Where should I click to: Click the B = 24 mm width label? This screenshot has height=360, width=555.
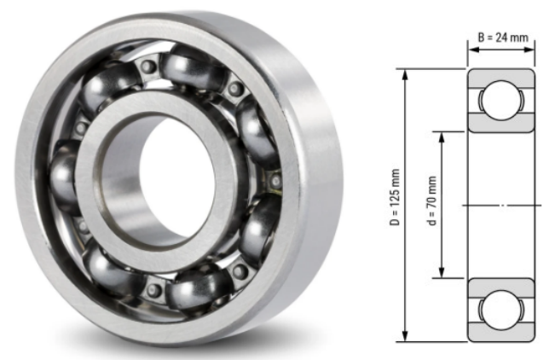point(501,37)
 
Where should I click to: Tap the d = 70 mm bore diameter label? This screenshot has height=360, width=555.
point(432,204)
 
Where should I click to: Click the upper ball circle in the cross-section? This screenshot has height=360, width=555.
point(500,101)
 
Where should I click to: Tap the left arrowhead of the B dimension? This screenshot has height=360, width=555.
point(470,49)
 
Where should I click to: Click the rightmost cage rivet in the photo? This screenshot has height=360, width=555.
point(275,180)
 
